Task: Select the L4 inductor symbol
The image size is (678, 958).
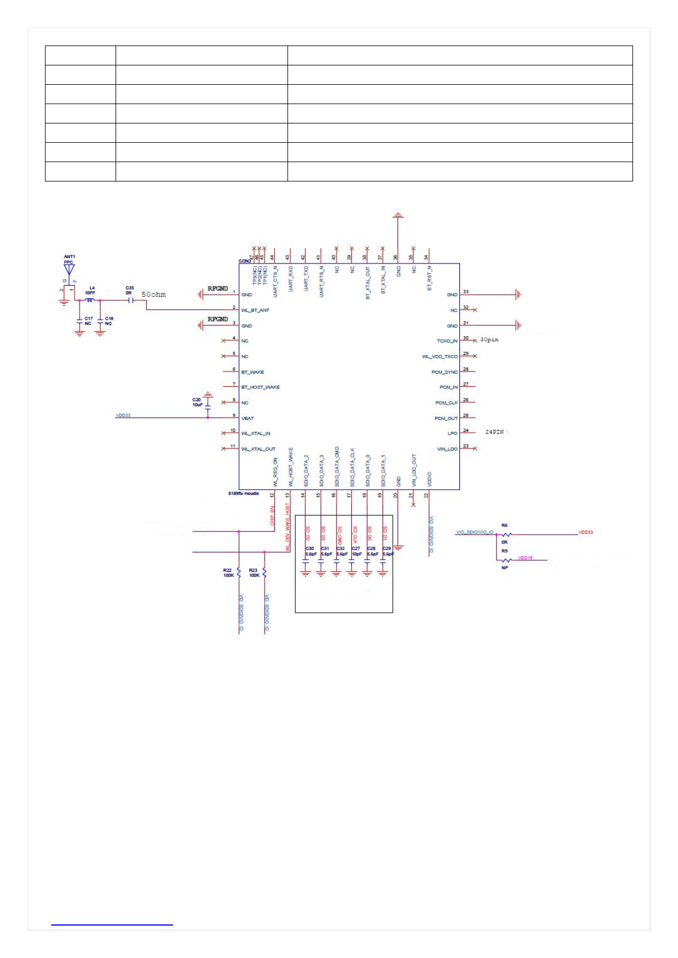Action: tap(89, 300)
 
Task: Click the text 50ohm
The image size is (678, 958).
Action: tap(154, 295)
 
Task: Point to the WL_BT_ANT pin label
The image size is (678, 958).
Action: tap(255, 311)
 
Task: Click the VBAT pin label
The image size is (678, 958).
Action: tap(248, 418)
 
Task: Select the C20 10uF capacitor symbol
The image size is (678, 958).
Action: tap(208, 408)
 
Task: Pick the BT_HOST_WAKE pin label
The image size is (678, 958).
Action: tap(260, 387)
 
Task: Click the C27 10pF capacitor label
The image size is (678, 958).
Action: tap(356, 551)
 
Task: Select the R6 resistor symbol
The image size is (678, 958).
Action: tap(506, 534)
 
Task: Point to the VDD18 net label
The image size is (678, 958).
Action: tap(525, 558)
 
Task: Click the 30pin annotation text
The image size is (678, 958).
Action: tap(489, 340)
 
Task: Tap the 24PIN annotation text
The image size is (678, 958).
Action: tap(494, 432)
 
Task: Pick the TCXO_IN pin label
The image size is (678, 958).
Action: tap(447, 341)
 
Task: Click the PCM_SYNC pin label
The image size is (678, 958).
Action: tap(445, 372)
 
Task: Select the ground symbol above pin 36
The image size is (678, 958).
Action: tap(398, 215)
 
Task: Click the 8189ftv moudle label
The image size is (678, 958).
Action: tap(243, 494)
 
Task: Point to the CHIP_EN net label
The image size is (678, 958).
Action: tap(272, 515)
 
